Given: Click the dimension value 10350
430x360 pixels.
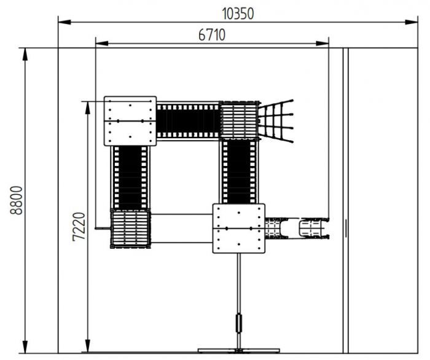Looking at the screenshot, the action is coord(238,14).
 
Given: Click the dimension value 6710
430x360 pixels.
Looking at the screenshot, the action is coord(212,35).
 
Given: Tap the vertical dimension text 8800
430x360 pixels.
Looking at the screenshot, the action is coord(16,200).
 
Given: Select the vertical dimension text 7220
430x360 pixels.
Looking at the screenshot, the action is coord(79,227).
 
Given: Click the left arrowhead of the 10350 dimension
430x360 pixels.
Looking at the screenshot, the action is coord(64,22).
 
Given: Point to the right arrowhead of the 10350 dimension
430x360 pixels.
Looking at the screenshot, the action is coord(412,22).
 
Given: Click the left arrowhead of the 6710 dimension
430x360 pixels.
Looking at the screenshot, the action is coord(102,44).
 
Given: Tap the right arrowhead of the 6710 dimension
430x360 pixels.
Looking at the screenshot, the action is coord(322,44).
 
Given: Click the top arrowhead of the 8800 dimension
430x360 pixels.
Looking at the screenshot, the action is coord(25,54).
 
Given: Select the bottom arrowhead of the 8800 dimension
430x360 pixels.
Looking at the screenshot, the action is coord(25,347).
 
